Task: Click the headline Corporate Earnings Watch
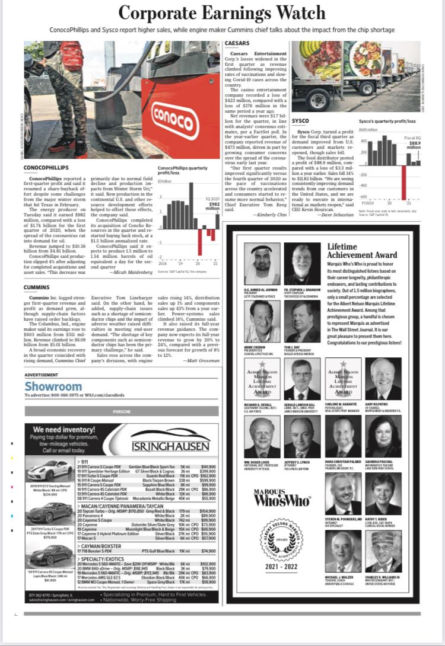coord(222,13)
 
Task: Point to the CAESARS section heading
coord(237,43)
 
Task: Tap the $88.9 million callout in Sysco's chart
coord(414,145)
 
